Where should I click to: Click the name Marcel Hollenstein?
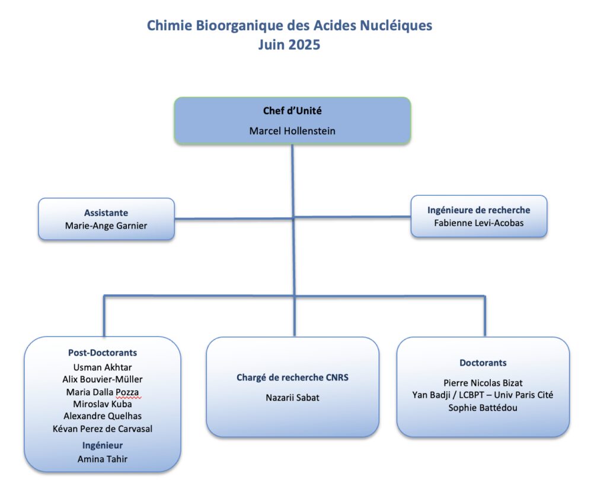pos(292,131)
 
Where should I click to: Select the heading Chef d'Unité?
pos(292,111)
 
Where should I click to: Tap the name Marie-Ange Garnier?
pos(106,226)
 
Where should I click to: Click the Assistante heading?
pos(106,212)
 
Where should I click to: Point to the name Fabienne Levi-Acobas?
pos(478,223)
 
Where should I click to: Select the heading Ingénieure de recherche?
pos(478,210)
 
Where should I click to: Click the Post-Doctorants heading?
pos(103,353)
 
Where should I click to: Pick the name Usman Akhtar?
pos(103,367)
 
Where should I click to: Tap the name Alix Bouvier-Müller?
pos(103,379)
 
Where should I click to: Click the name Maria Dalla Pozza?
pos(103,392)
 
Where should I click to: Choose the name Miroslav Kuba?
pos(103,404)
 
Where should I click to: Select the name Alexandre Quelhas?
pos(103,416)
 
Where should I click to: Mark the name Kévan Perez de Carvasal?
pos(103,429)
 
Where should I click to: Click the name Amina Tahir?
pos(103,459)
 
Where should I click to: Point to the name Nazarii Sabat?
pos(292,398)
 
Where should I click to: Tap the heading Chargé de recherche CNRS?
pos(292,378)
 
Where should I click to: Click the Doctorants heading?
pos(483,363)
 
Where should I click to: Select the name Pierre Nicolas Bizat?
pos(483,383)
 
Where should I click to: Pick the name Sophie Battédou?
pos(483,408)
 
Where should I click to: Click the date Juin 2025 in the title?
pos(289,45)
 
